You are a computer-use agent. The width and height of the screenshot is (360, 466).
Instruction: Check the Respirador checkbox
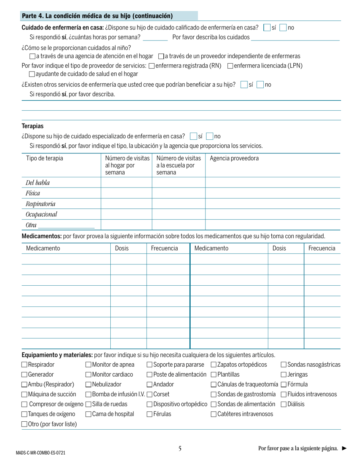[x=25, y=365]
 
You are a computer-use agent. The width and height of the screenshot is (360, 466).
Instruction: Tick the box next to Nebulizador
[x=89, y=385]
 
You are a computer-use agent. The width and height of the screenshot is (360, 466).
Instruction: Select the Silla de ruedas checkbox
[x=89, y=404]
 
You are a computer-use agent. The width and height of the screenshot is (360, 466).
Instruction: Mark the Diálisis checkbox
[x=283, y=404]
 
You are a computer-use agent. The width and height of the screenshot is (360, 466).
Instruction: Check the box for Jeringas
[x=283, y=375]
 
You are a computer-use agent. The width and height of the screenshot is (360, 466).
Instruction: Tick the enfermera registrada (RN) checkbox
[x=152, y=66]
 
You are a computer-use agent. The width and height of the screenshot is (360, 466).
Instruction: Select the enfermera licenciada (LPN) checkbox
[x=230, y=66]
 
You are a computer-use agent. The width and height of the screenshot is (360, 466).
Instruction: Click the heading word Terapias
[x=33, y=126]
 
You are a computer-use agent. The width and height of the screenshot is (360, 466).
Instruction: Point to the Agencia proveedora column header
[x=234, y=158]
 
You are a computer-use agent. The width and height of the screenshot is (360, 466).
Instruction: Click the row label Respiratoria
[x=41, y=204]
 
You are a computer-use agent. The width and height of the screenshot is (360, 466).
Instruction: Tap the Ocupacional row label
[x=41, y=214]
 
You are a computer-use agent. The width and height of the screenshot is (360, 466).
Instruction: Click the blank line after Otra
[x=66, y=226]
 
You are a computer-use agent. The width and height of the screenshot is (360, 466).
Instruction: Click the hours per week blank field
[x=155, y=38]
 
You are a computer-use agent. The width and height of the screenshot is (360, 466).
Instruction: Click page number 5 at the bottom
[x=180, y=449]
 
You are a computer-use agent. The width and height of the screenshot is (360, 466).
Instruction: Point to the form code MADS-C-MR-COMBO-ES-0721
[x=41, y=453]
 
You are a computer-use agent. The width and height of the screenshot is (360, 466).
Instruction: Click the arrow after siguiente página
[x=344, y=449]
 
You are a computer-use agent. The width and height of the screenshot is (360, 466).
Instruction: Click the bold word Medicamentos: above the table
[x=42, y=236]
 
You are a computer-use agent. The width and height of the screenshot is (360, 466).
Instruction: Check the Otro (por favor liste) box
[x=25, y=424]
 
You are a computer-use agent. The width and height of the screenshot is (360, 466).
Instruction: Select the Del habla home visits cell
[x=126, y=183]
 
